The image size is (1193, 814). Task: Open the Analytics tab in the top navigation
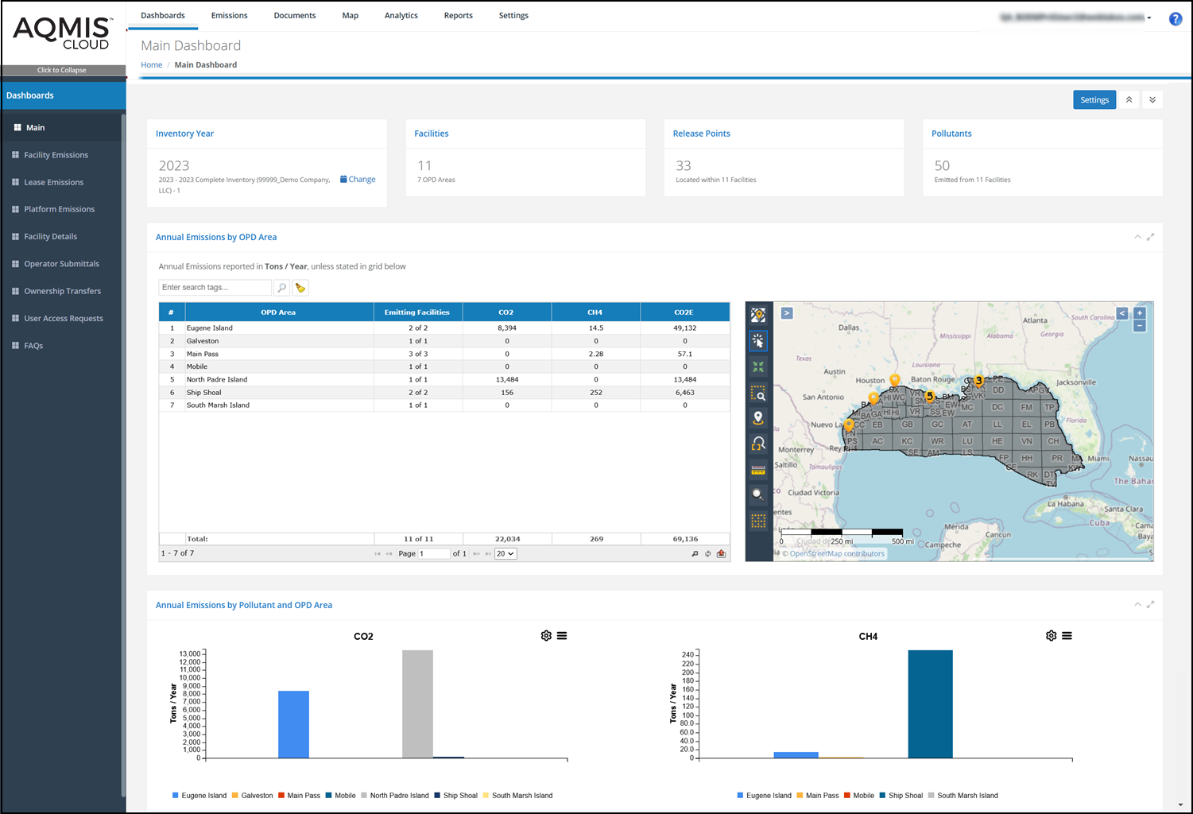[x=401, y=16]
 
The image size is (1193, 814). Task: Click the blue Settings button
[x=1094, y=100]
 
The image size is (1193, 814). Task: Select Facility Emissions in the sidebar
[x=56, y=155]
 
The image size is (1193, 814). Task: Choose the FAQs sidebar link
[x=33, y=346]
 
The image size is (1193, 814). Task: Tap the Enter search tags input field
[x=215, y=288]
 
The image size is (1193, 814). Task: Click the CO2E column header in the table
[x=684, y=312]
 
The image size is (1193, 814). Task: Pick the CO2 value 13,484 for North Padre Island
[x=507, y=380]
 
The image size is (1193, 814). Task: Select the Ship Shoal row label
[x=204, y=393]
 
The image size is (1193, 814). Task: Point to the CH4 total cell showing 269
[x=596, y=539]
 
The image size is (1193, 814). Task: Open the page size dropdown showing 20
[x=505, y=554]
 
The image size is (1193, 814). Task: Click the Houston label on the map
[x=870, y=381]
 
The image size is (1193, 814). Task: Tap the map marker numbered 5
[x=929, y=396]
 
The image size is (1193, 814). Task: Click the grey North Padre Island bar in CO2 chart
[x=417, y=704]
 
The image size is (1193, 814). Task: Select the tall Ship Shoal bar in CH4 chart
[x=930, y=704]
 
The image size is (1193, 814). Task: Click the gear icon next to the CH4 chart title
[x=1051, y=636]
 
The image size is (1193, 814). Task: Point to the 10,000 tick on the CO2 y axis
[x=190, y=678]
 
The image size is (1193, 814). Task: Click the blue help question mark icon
[x=1175, y=19]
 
